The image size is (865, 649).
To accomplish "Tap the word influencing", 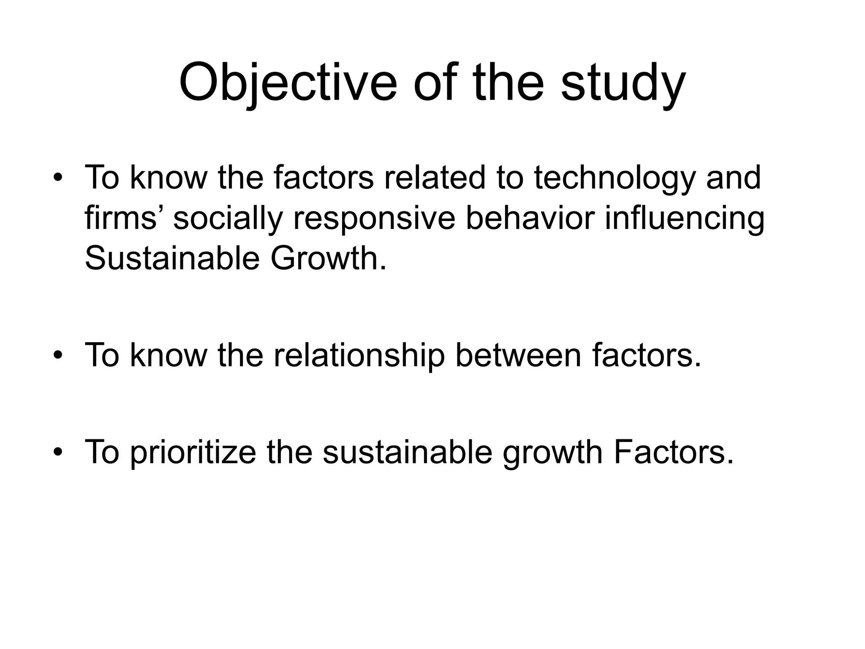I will point(684,219).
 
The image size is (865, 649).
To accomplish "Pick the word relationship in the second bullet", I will point(359,356).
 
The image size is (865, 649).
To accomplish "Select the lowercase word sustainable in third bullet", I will point(407,452).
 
